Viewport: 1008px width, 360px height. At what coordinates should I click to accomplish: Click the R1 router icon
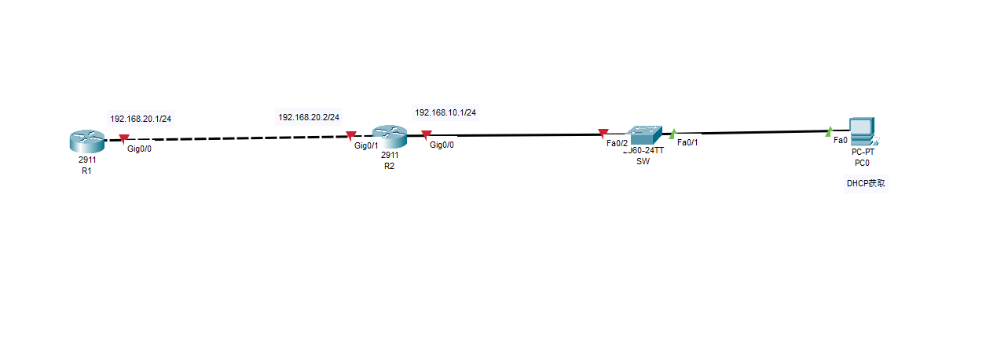coord(86,142)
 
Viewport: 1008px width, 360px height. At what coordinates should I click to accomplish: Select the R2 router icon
coord(389,138)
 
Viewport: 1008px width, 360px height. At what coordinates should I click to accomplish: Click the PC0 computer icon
coord(862,131)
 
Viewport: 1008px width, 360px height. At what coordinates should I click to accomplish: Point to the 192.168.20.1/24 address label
coord(141,119)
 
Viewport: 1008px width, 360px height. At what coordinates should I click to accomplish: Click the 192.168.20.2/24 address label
coord(309,117)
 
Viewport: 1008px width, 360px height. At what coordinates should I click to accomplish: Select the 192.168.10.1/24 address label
coord(445,112)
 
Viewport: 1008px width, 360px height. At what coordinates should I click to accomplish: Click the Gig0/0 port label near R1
coord(139,149)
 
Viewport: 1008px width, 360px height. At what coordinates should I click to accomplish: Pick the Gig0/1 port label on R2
coord(366,145)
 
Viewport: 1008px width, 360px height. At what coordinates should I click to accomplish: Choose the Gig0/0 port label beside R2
coord(442,145)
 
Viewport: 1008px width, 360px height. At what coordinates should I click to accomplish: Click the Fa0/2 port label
coord(617,143)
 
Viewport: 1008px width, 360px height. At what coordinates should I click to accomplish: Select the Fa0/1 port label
coord(687,142)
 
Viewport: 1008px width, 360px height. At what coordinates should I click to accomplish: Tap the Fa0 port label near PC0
coord(840,140)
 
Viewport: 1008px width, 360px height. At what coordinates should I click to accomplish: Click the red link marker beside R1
coord(123,139)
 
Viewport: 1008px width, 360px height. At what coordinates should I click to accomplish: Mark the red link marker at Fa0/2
coord(603,133)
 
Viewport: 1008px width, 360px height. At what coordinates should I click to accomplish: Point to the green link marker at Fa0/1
coord(672,134)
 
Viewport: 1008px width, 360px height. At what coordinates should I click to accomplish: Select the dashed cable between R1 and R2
coord(236,138)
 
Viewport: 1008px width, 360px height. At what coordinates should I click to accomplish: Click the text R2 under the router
coord(389,166)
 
